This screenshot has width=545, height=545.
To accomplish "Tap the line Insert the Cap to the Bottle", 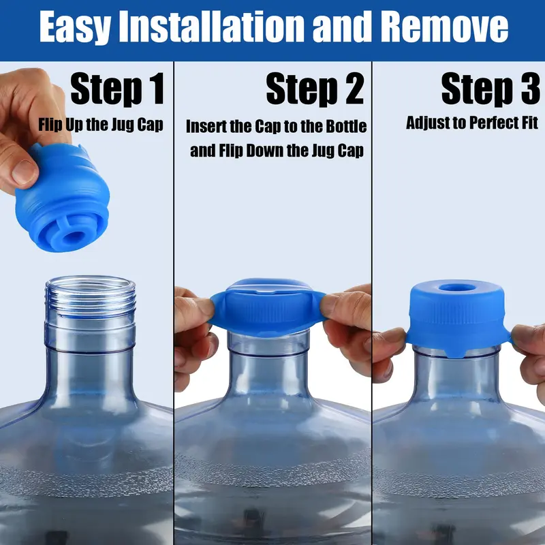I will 276,127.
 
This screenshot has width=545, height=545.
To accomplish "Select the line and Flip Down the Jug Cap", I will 277,150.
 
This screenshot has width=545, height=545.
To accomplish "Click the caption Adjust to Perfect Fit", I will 472,123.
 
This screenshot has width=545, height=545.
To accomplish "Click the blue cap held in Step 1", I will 58,198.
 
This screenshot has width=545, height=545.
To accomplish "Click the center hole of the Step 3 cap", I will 456,286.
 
